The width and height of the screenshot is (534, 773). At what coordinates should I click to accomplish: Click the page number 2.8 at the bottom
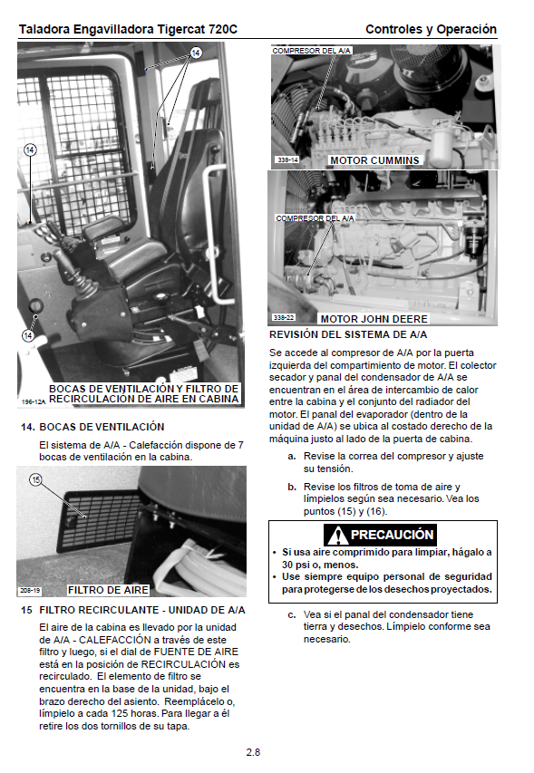[253, 752]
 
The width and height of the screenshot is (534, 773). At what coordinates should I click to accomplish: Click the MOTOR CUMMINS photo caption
[374, 160]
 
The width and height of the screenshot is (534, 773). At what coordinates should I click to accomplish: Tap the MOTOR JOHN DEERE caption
[374, 319]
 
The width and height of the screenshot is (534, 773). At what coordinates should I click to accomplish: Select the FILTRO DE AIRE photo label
[108, 590]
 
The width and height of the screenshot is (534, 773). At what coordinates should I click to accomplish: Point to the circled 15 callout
[35, 479]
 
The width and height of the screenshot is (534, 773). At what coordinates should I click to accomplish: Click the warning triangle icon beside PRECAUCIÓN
[337, 535]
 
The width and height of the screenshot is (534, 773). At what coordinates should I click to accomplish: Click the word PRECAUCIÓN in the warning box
[392, 535]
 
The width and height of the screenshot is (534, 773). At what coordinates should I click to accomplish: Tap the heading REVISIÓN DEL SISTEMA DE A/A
[348, 334]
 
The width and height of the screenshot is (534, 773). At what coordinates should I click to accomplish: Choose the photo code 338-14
[287, 159]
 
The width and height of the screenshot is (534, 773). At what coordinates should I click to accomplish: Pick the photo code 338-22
[284, 317]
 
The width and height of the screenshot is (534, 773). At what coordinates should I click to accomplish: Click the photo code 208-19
[30, 590]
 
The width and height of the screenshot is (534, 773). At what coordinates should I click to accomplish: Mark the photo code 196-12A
[33, 401]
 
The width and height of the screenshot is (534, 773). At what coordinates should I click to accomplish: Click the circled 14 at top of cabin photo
[196, 53]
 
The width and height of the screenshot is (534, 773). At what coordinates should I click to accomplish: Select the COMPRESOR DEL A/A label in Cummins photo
[311, 50]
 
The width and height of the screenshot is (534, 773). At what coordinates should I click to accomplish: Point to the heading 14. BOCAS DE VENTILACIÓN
[92, 427]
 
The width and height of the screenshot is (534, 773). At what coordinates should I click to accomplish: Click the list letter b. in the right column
[292, 487]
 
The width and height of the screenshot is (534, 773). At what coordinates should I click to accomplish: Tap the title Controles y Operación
[431, 30]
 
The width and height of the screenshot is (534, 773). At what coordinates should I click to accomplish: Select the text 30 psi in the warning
[296, 565]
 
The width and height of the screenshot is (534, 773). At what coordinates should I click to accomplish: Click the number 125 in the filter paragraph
[181, 714]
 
